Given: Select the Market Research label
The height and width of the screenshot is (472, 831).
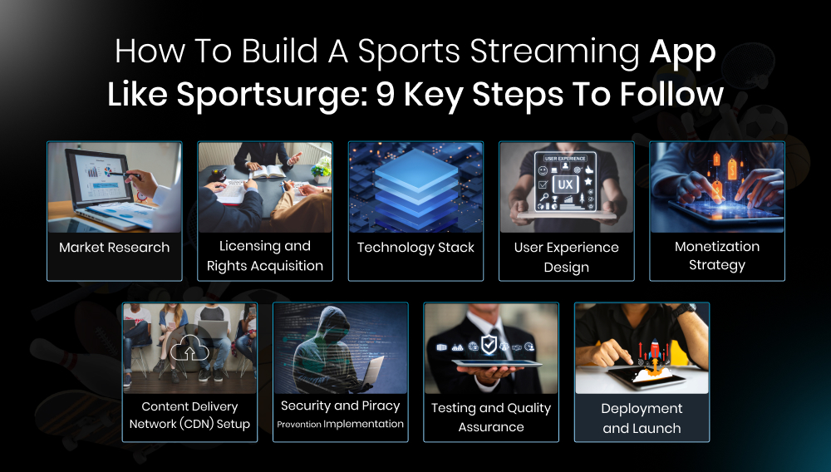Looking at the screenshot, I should click(x=114, y=248).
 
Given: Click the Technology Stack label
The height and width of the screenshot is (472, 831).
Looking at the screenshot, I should click(x=415, y=248).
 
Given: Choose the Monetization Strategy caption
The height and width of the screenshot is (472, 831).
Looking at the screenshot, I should click(x=716, y=256).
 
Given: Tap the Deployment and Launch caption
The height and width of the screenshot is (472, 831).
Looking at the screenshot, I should click(x=642, y=418).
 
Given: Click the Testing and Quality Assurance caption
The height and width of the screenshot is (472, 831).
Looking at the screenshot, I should click(x=490, y=417).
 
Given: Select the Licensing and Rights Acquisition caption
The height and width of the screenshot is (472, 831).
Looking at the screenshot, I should click(x=264, y=256).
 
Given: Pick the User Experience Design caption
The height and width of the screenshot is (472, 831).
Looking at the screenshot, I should click(x=566, y=257).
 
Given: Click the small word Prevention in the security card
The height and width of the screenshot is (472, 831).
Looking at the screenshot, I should click(x=298, y=425).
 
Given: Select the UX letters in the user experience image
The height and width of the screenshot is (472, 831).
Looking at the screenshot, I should click(x=565, y=184).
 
